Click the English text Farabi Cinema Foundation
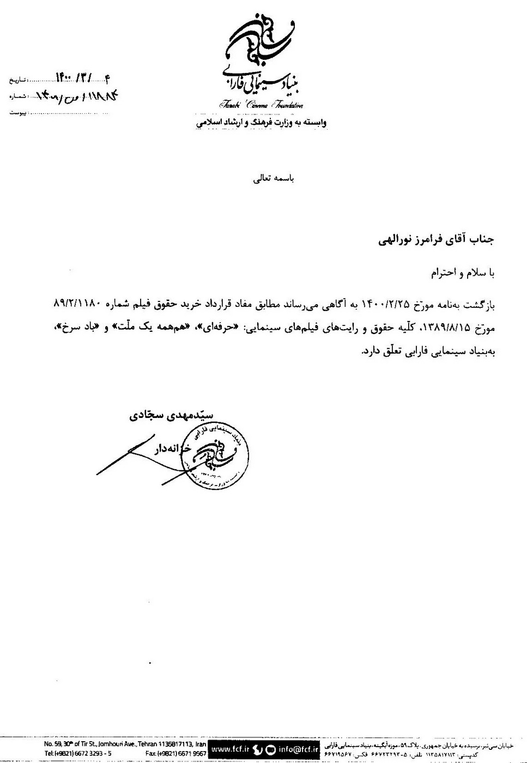click(x=261, y=105)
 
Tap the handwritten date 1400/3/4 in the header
click(x=82, y=78)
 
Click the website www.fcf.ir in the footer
click(x=228, y=749)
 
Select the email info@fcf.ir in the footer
click(x=298, y=749)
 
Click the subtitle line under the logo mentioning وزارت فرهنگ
click(x=261, y=123)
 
